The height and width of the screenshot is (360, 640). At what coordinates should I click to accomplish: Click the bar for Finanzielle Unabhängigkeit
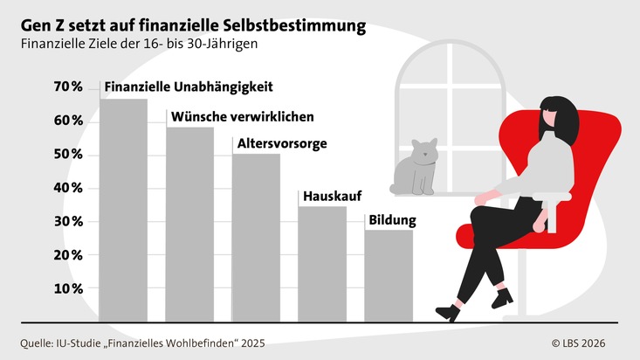123,211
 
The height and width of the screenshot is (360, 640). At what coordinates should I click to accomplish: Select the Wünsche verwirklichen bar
189,225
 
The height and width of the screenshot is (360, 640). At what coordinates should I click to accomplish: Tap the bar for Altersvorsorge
256,238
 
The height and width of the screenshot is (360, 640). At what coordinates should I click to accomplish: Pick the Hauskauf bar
322,265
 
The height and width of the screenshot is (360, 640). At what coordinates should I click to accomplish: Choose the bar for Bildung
389,276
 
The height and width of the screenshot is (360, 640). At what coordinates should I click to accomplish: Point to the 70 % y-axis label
68,87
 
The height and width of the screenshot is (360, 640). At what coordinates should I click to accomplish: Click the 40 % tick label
68,188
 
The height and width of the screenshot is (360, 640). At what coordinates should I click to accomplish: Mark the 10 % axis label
68,289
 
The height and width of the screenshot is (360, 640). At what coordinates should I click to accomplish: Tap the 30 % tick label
68,221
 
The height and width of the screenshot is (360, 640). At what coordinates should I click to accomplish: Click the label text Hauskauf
333,196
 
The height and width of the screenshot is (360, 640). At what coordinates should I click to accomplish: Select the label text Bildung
392,220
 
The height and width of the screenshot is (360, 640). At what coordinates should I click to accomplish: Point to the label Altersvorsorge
282,143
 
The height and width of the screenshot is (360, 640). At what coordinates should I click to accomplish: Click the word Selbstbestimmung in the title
294,25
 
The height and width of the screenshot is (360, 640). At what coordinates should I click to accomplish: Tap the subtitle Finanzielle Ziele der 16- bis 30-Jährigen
139,44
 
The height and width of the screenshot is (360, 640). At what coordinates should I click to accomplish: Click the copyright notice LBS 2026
578,343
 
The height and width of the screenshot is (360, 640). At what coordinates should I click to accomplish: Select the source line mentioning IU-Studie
142,343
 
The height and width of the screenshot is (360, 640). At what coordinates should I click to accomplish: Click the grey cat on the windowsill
414,168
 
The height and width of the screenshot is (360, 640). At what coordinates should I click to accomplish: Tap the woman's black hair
559,119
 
